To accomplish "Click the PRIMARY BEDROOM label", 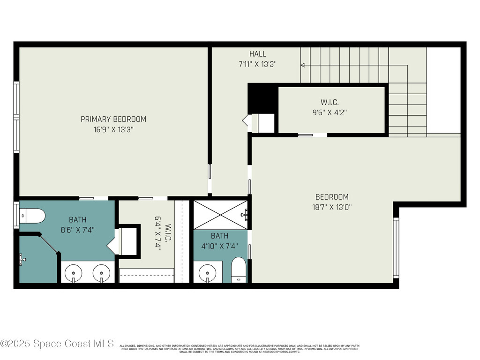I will tap(113, 119).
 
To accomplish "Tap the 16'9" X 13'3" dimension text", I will tap(113, 130).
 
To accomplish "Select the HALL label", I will tap(258, 54).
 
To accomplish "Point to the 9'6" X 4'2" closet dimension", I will tap(330, 112).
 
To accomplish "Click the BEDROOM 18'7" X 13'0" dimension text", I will tap(332, 207).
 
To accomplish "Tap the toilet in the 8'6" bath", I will tap(33, 216).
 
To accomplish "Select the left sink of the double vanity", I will tap(74, 272).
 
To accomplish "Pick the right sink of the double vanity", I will tap(101, 272).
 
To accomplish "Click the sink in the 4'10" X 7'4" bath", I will tap(207, 272).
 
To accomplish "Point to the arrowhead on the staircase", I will tap(303, 65).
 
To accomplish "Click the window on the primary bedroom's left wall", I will tap(16, 117).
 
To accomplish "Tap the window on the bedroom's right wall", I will tap(396, 248).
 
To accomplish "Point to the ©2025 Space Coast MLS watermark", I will tap(57, 344).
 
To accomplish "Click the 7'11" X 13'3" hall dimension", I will tap(258, 65).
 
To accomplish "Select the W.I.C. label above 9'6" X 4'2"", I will tap(330, 102).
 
